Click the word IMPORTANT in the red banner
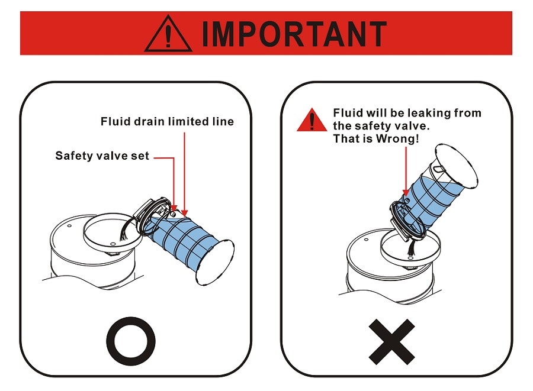pyautogui.click(x=294, y=34)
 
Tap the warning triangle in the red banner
pyautogui.click(x=168, y=34)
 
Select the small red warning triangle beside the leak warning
pyautogui.click(x=312, y=120)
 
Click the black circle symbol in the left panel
pyautogui.click(x=131, y=341)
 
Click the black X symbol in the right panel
pyautogui.click(x=391, y=341)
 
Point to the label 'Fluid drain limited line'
pyautogui.click(x=167, y=121)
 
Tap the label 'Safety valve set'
pyautogui.click(x=102, y=156)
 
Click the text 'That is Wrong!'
pyautogui.click(x=375, y=138)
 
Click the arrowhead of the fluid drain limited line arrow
pyautogui.click(x=184, y=213)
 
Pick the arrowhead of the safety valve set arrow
pyautogui.click(x=174, y=208)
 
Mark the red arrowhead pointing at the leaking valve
pyautogui.click(x=406, y=193)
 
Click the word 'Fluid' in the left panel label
pyautogui.click(x=115, y=121)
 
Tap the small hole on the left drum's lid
pyautogui.click(x=69, y=226)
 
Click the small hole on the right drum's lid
pyautogui.click(x=366, y=240)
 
